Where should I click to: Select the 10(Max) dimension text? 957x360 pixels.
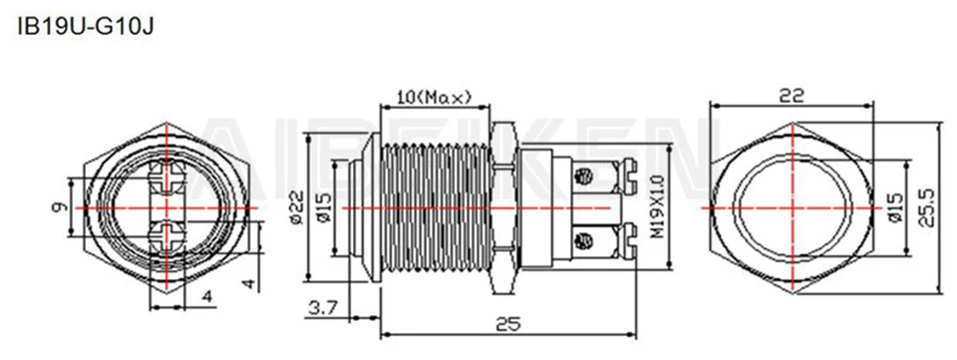(433, 97)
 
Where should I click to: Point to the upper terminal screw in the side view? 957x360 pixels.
(586, 176)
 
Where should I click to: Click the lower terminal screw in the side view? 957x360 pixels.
(586, 238)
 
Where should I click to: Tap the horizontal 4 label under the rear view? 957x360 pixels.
(206, 297)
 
